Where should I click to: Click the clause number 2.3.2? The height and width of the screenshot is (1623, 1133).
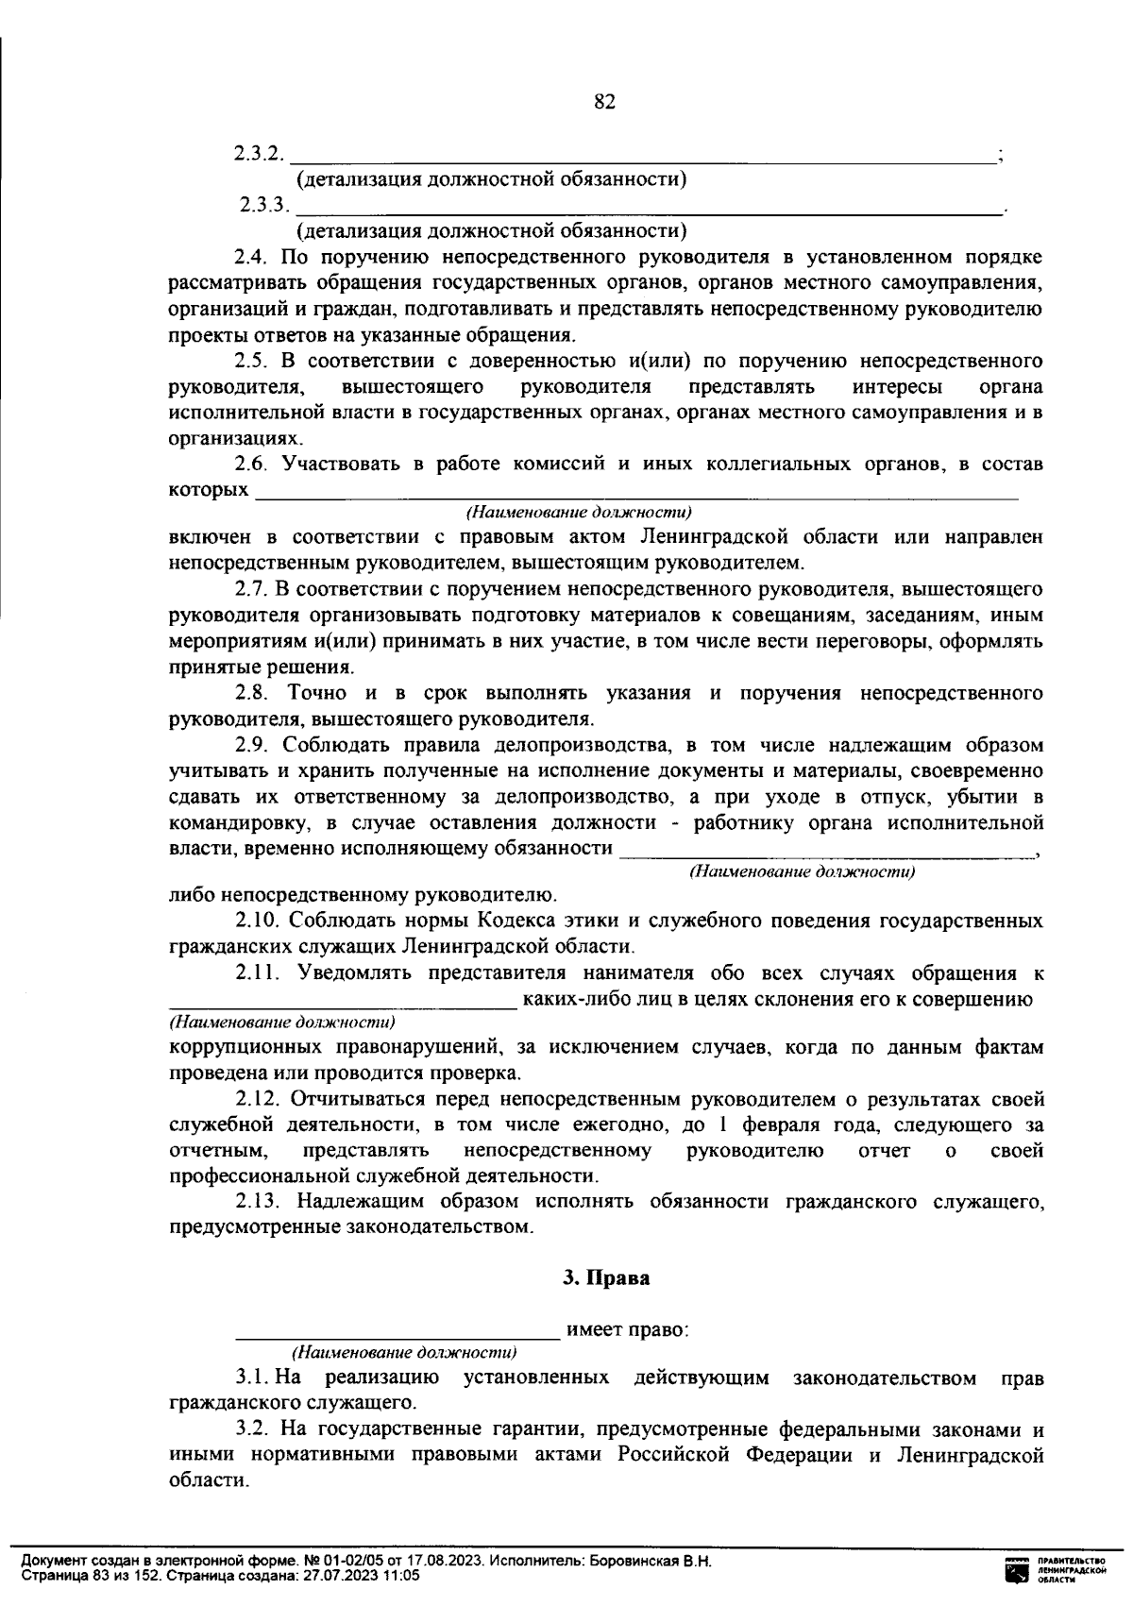tap(258, 154)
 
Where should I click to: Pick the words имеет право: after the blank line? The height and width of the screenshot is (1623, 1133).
tap(627, 1330)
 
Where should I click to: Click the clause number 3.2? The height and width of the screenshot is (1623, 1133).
tap(251, 1430)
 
